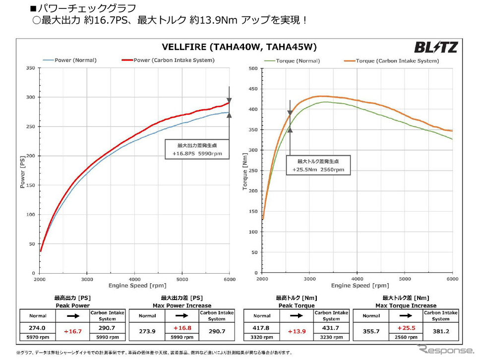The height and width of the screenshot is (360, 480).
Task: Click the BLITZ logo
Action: tap(436, 47)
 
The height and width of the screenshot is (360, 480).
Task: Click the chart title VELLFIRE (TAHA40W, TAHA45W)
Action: tap(239, 47)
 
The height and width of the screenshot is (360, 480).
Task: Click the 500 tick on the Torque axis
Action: tap(252, 68)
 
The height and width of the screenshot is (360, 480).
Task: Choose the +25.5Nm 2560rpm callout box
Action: tap(317, 166)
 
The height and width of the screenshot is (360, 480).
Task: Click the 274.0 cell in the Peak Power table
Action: tap(38, 328)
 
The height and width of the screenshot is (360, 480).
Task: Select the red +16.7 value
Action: tap(72, 330)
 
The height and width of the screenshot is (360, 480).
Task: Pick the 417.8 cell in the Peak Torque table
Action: tap(262, 328)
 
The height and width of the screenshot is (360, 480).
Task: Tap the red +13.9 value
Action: tap(296, 330)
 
